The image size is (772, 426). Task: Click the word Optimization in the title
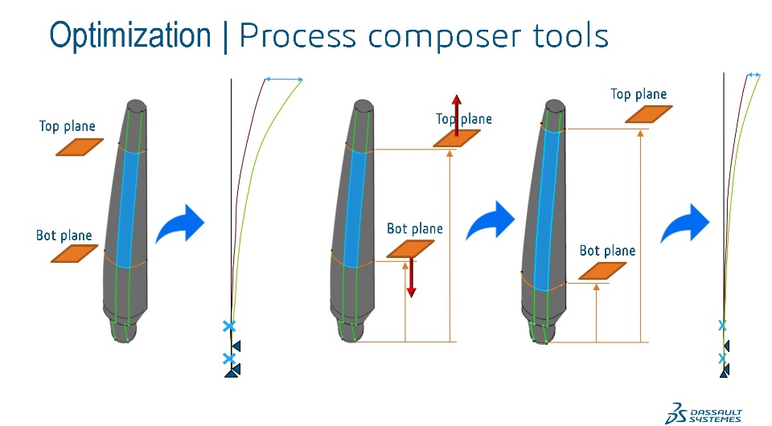[129, 35]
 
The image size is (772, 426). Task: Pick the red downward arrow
[411, 276]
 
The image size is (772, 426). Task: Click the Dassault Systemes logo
[704, 410]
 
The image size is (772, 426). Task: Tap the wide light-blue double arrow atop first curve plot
[284, 79]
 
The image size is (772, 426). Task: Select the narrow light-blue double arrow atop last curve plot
[754, 75]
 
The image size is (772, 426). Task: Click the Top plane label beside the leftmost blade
[68, 126]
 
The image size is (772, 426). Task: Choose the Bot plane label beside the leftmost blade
[64, 236]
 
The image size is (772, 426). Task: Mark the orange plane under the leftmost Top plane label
[80, 146]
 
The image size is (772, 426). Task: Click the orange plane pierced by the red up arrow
[456, 138]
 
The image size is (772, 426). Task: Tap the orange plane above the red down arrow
[410, 249]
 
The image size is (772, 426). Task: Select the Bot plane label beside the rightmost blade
[607, 251]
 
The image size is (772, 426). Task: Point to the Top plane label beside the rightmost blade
[639, 94]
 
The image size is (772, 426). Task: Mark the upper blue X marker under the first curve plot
[229, 326]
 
